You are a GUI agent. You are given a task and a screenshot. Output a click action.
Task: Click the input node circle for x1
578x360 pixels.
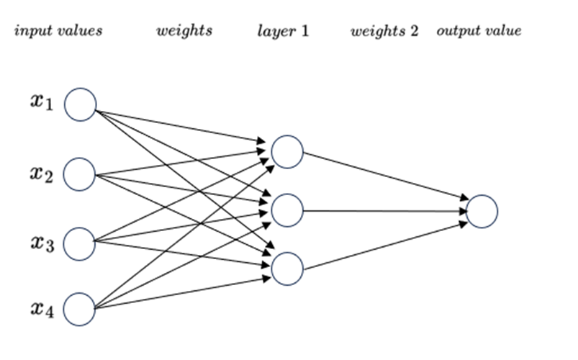[80, 105]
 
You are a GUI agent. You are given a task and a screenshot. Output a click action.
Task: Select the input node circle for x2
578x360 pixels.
[80, 175]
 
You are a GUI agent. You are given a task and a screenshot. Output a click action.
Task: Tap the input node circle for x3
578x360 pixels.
[80, 244]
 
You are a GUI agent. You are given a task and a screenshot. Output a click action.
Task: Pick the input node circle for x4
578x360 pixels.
[80, 310]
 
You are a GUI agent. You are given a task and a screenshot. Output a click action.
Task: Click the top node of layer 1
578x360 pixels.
[287, 152]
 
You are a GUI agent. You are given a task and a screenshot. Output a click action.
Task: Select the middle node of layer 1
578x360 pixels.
[287, 210]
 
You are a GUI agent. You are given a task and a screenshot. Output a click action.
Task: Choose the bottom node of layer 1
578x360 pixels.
[287, 269]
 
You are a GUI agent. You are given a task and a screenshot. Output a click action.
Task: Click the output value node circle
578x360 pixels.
[482, 211]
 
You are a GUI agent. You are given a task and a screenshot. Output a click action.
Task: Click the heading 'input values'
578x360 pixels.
[58, 31]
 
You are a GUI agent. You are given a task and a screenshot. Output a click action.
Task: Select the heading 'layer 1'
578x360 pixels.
[283, 31]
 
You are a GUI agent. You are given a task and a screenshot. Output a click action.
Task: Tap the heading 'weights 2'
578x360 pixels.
[384, 31]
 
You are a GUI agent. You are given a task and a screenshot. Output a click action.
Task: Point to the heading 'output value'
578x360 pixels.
[479, 31]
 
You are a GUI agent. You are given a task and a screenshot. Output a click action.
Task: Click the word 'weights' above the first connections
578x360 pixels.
[184, 31]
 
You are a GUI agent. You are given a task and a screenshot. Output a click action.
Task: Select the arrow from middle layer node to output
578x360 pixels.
[384, 211]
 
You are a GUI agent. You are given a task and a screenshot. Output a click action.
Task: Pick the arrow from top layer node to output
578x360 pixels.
[384, 176]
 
